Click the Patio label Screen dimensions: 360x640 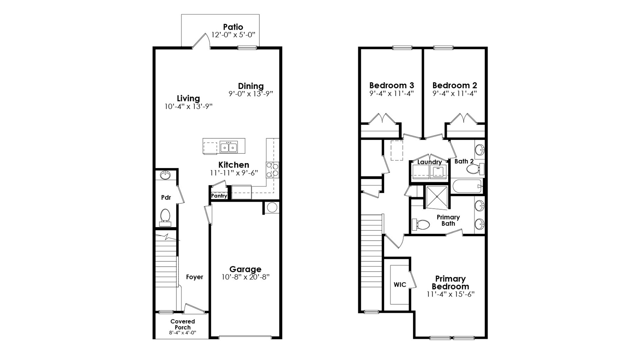[x=233, y=27]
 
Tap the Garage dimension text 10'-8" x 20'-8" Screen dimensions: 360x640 [x=245, y=277]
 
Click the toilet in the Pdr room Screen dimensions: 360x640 [x=165, y=215]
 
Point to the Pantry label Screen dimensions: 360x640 [x=219, y=196]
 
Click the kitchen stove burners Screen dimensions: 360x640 [x=272, y=170]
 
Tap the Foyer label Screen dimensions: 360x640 [x=194, y=277]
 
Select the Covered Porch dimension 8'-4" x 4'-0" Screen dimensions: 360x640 [x=182, y=333]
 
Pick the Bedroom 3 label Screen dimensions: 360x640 [x=391, y=85]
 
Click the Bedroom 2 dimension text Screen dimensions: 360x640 [x=455, y=94]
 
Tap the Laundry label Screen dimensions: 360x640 [x=429, y=162]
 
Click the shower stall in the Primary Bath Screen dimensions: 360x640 [x=437, y=197]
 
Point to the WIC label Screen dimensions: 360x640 [x=400, y=285]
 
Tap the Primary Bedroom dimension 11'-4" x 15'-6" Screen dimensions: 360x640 [x=450, y=294]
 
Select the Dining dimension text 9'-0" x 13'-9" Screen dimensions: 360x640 [x=251, y=94]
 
